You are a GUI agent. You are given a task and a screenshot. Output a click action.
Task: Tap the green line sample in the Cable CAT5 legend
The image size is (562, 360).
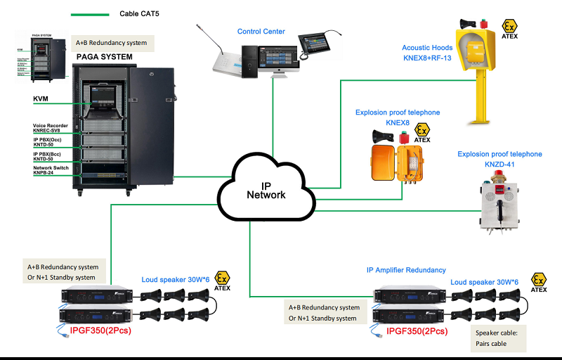click(89, 13)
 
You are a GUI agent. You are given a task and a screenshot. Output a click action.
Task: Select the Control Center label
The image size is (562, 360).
click(261, 32)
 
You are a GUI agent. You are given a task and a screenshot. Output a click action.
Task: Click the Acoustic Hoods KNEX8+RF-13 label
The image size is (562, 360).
click(426, 53)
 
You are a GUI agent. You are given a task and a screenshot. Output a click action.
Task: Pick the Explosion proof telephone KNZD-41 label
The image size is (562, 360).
click(499, 159)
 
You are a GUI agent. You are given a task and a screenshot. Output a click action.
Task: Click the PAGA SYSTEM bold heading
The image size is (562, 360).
click(105, 56)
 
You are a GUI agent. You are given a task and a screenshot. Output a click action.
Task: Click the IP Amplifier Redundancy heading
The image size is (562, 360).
click(406, 270)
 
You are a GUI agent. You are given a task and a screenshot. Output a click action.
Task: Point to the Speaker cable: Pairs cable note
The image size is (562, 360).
click(498, 339)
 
